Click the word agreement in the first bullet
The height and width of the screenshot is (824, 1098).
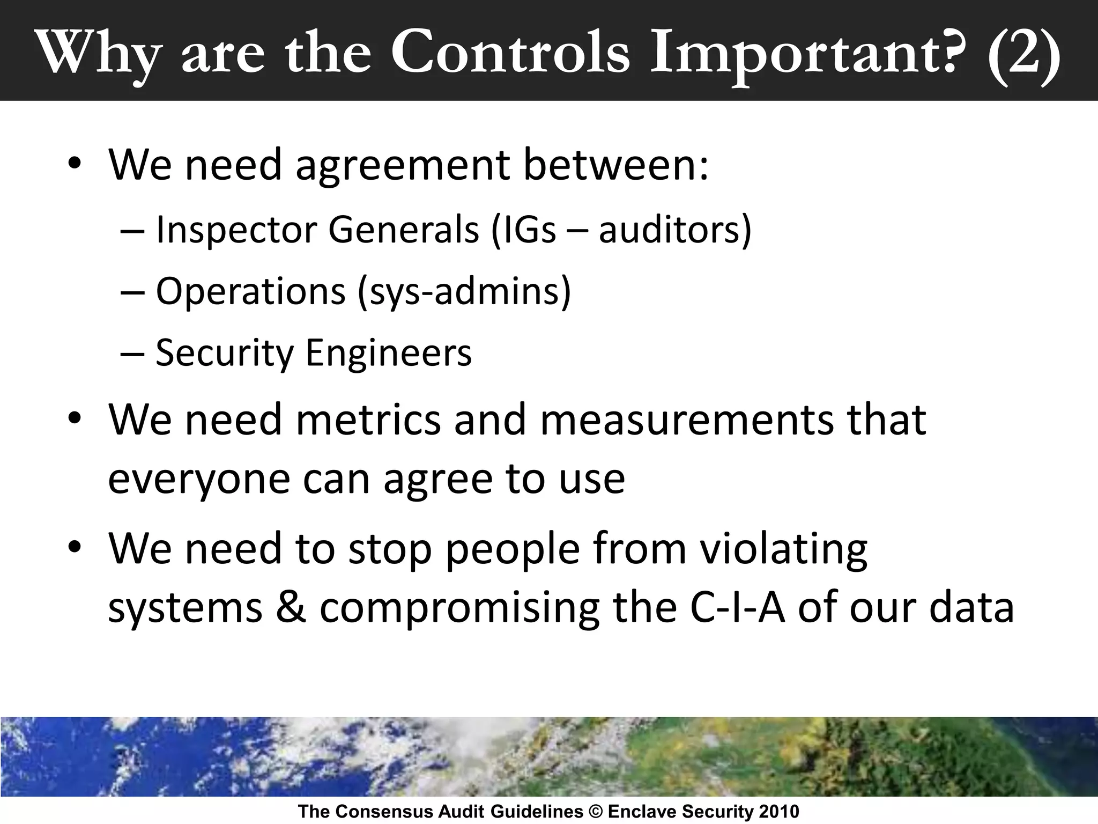(402, 165)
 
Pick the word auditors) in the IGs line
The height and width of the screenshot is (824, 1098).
(675, 230)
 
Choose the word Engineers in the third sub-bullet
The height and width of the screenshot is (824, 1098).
(388, 353)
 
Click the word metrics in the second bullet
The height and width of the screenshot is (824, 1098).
(368, 420)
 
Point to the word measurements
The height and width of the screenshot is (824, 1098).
(687, 420)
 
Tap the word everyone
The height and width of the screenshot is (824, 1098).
(199, 479)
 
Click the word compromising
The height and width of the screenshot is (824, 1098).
(459, 609)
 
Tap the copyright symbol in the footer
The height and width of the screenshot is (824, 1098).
(596, 812)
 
